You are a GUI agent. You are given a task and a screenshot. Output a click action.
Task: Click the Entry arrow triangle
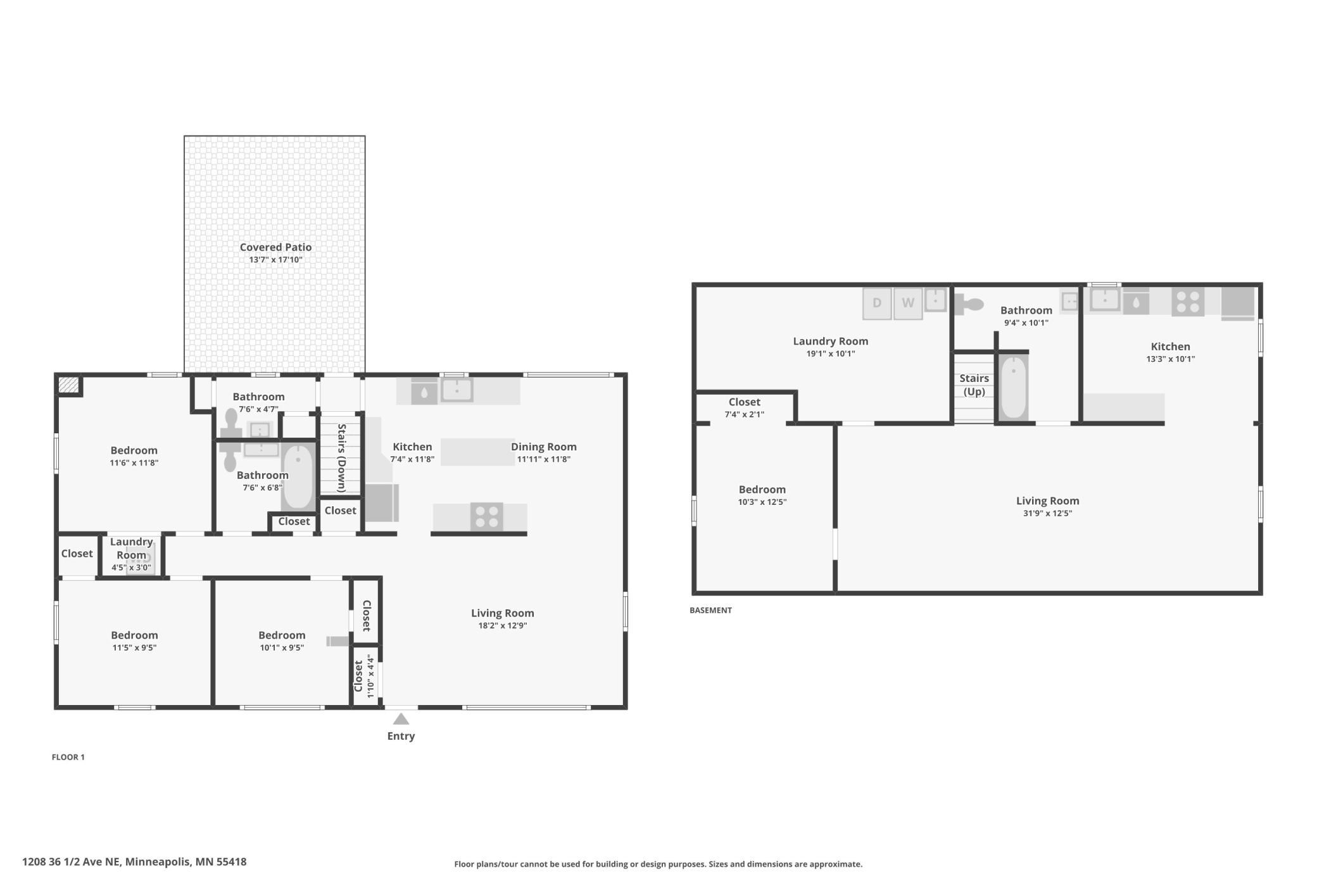(x=401, y=719)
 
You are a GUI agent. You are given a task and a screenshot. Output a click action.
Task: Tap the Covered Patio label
(x=275, y=247)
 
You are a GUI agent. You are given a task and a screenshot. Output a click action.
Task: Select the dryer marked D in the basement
(x=877, y=303)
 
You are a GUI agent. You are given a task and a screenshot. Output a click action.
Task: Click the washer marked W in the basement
(x=908, y=303)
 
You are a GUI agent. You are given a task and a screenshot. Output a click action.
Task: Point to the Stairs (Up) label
(x=974, y=385)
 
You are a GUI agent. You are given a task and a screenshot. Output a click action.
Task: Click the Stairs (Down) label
(x=341, y=457)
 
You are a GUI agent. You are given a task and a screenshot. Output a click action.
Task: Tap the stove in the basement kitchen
(x=1188, y=302)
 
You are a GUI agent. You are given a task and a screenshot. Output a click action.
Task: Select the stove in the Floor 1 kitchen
(x=487, y=516)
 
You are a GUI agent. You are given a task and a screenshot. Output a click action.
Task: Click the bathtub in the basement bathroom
(x=1014, y=386)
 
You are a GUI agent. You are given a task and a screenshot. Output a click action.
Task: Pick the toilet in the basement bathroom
(x=969, y=305)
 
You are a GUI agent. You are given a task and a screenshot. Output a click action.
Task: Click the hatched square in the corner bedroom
(x=68, y=385)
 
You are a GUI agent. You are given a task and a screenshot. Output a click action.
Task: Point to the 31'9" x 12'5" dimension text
(x=1047, y=513)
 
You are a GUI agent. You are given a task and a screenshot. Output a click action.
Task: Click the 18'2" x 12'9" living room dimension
(x=503, y=625)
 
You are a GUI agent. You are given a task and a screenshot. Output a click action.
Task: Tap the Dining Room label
(x=544, y=447)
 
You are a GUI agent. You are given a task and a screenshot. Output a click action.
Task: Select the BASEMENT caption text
(x=710, y=610)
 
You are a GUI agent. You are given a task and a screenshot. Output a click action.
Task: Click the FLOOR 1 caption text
(x=68, y=757)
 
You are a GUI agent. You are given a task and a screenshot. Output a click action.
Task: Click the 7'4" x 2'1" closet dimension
(x=745, y=414)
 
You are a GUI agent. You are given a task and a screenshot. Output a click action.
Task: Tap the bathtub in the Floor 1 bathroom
(x=298, y=477)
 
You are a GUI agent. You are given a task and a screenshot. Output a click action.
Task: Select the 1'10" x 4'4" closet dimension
(x=371, y=676)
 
